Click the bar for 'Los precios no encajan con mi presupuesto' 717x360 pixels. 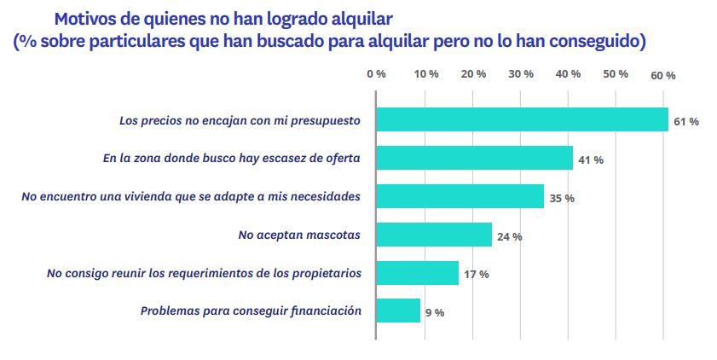(x=522, y=120)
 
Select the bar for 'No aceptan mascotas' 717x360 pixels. (x=434, y=235)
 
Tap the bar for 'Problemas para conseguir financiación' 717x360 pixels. (x=398, y=311)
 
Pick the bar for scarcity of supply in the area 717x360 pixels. (x=474, y=159)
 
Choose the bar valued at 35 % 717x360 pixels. (x=460, y=197)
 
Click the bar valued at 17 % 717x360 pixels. (x=417, y=273)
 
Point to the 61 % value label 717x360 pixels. (x=685, y=121)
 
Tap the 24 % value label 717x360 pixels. (x=509, y=236)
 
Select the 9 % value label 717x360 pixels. (x=434, y=312)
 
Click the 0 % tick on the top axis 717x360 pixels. (x=376, y=74)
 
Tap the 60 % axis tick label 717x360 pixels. (x=662, y=75)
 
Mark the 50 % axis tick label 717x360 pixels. (x=615, y=74)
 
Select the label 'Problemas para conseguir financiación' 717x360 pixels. (x=251, y=311)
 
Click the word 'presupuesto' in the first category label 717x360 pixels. (x=325, y=121)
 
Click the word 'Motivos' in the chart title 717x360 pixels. (x=87, y=18)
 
